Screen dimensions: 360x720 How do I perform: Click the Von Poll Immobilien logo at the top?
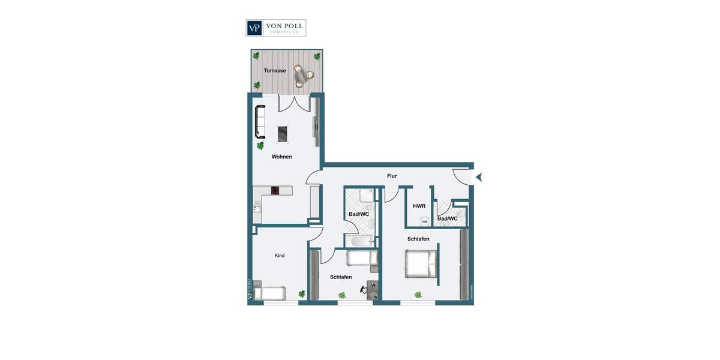coord(276,28)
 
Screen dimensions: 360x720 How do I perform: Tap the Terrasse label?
coord(275,71)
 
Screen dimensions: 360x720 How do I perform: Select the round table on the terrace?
coord(303,76)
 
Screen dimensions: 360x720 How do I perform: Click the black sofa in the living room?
coord(260,121)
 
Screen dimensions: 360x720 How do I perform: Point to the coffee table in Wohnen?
coord(282,133)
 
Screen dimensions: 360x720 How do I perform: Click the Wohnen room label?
coord(281,157)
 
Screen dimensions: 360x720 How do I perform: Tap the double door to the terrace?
coord(293,103)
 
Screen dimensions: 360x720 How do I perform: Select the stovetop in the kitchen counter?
coord(275,190)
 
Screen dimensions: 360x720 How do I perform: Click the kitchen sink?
coord(256,209)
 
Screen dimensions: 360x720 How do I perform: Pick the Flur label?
coord(392,176)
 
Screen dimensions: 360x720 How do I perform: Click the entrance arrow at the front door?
coord(478,176)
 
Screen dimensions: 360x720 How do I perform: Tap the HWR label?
coord(419,206)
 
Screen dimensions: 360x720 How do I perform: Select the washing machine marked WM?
coord(425,221)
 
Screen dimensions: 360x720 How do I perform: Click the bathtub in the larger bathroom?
coord(360,241)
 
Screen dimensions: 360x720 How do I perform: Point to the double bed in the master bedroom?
coord(421,264)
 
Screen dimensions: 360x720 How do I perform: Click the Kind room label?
coord(280,256)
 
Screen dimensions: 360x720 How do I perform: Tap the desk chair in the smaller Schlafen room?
coord(364,290)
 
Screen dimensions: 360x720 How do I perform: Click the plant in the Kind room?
coord(302,294)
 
